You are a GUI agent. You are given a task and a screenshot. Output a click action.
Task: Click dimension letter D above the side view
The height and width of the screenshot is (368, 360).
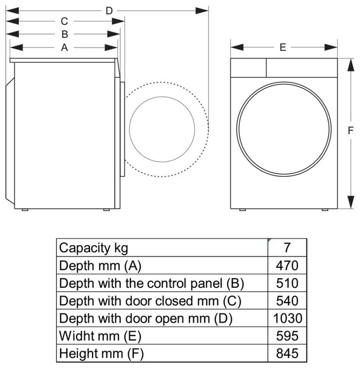tap(109, 11)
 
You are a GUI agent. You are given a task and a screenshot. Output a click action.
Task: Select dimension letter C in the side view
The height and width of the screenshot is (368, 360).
tap(64, 22)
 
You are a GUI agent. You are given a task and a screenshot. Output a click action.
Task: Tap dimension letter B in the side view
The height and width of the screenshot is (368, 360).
tap(64, 34)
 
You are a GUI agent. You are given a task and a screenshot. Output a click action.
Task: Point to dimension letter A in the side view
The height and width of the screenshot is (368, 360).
tap(64, 48)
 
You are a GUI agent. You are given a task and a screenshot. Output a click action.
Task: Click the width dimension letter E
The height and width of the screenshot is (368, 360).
tap(283, 48)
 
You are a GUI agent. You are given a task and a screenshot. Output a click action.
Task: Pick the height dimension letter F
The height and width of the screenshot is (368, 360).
tap(350, 130)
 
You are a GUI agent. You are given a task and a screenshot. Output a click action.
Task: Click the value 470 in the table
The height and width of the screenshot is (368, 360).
tap(287, 266)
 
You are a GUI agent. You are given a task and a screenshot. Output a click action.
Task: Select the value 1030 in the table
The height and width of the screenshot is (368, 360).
tap(287, 318)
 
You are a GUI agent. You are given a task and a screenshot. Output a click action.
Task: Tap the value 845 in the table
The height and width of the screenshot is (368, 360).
tap(287, 353)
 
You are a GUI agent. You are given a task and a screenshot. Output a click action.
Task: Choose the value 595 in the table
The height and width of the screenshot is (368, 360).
tap(287, 336)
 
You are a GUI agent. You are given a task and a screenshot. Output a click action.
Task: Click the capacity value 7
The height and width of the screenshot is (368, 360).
tap(287, 248)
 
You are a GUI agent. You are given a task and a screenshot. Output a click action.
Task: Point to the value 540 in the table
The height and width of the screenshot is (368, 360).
tap(287, 301)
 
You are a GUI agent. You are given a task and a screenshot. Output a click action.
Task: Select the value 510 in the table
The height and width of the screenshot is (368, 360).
tap(287, 283)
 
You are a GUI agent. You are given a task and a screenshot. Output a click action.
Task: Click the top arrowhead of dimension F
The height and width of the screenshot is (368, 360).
tap(351, 64)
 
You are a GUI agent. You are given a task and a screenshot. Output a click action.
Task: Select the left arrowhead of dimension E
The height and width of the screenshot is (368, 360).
tap(237, 48)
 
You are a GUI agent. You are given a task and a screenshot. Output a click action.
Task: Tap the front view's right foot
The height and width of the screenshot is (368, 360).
tap(325, 209)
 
